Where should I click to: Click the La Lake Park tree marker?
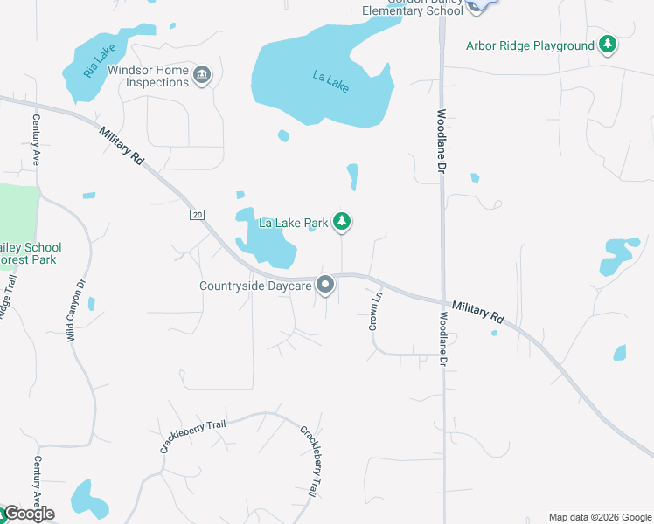coord(343,223)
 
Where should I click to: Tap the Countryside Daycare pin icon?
coord(326,285)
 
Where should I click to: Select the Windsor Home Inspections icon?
coord(202,76)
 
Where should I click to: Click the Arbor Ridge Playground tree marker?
coord(608,45)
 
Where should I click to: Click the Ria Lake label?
coord(100,61)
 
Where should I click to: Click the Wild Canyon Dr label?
coord(75,309)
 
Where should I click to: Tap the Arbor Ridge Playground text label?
coord(530,45)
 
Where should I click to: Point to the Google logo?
coord(29,514)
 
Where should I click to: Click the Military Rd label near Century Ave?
coord(122,145)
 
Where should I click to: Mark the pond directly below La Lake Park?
coord(268,239)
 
